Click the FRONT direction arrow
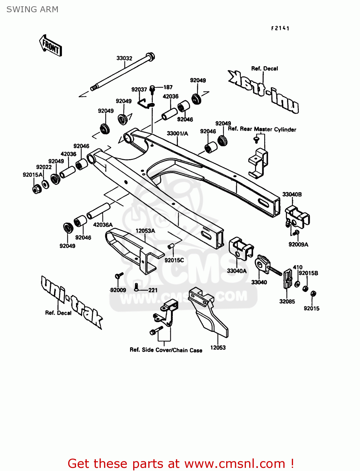(x=50, y=46)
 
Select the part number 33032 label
(x=124, y=58)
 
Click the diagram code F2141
(x=280, y=28)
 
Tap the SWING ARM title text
(x=32, y=9)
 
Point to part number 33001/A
(x=177, y=133)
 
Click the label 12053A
(x=145, y=231)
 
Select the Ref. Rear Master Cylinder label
(x=262, y=129)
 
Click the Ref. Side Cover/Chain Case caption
(x=166, y=350)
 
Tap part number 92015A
(x=32, y=175)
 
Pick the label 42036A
(x=103, y=225)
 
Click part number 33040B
(x=292, y=194)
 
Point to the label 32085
(x=287, y=301)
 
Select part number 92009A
(x=298, y=244)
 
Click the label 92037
(x=139, y=89)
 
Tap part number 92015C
(x=174, y=260)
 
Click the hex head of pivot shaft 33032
(x=151, y=57)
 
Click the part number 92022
(x=44, y=167)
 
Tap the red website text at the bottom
(x=181, y=463)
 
